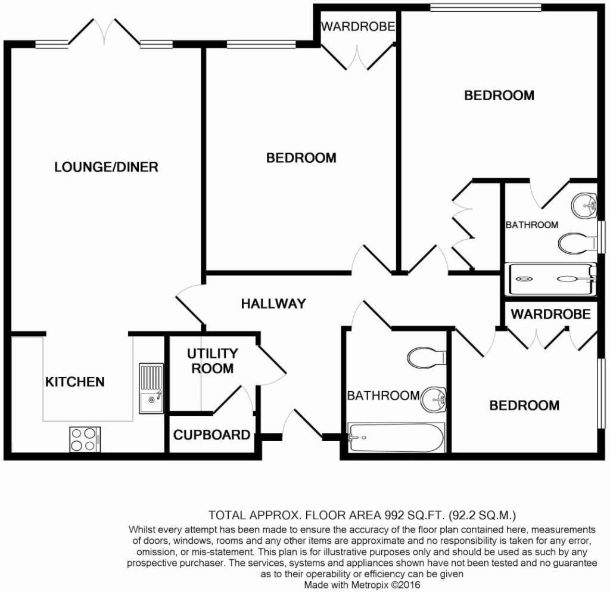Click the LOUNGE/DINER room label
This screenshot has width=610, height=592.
106,167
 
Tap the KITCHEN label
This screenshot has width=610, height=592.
75,382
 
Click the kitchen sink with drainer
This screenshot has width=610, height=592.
151,388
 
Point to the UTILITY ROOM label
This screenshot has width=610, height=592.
212,361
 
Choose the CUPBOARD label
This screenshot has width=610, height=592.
211,435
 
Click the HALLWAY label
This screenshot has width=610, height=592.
273,303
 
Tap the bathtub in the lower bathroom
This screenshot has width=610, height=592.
396,438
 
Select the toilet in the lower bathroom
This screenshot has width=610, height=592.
427,358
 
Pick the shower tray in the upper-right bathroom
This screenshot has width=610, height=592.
550,279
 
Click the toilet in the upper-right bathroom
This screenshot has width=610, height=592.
577,242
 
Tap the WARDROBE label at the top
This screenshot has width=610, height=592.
358,26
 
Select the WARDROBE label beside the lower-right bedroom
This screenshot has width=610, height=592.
550,314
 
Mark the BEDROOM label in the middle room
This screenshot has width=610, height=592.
301,158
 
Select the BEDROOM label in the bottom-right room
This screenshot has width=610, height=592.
524,405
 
